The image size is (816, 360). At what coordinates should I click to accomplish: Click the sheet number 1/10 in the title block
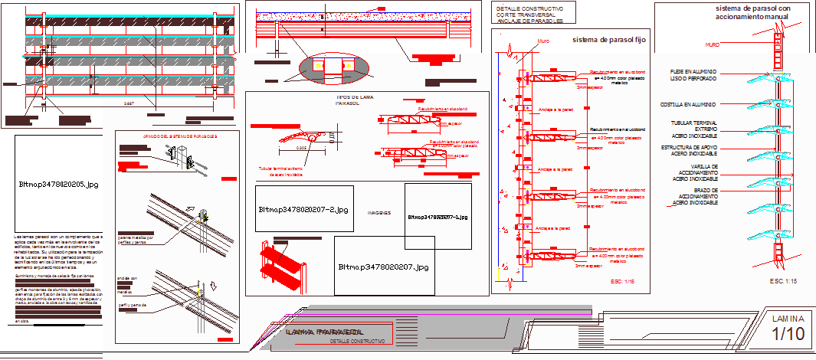click(788, 334)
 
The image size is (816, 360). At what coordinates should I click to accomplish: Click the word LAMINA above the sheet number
click(788, 318)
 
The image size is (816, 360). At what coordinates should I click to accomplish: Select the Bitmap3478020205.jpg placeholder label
click(58, 185)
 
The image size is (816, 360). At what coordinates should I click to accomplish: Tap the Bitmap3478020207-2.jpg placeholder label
click(303, 208)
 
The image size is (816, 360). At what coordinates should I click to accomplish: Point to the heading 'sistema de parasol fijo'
click(610, 39)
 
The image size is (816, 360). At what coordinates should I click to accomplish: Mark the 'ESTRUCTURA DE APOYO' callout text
click(693, 149)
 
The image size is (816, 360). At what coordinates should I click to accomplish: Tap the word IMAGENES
click(379, 213)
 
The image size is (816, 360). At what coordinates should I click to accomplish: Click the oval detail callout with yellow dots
click(333, 67)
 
